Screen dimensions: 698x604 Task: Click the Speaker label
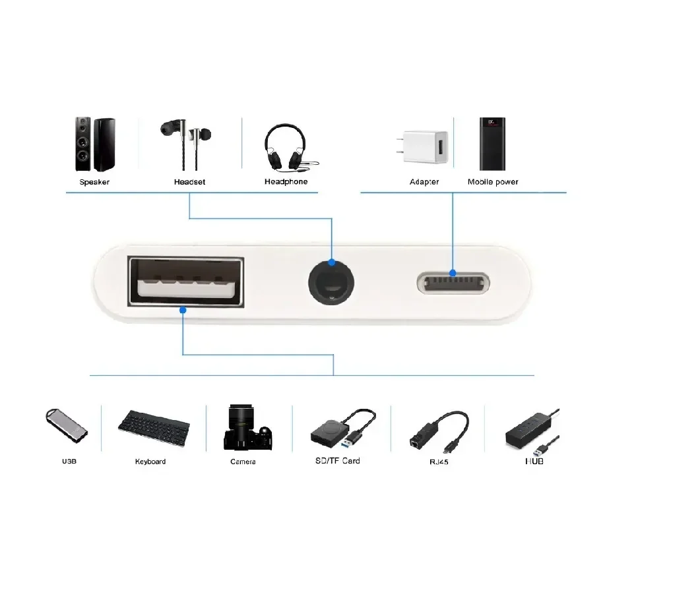tap(94, 182)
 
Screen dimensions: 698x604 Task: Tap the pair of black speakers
tap(95, 144)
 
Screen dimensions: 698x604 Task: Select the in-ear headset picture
tap(185, 144)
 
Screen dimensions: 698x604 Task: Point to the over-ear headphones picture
tap(290, 147)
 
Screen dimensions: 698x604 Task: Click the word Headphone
tap(286, 181)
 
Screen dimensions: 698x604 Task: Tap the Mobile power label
tap(493, 182)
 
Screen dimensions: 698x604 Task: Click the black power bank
tap(492, 144)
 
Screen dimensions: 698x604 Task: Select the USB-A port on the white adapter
tap(185, 282)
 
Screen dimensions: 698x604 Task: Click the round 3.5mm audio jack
tap(331, 283)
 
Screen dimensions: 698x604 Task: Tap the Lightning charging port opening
tap(453, 284)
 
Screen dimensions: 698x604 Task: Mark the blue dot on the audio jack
tap(331, 262)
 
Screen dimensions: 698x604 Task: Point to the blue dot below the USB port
tap(183, 310)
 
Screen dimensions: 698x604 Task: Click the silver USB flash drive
tap(67, 426)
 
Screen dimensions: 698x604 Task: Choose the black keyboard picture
tap(154, 428)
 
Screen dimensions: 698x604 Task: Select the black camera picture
tap(247, 427)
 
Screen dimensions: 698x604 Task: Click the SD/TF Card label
tap(337, 461)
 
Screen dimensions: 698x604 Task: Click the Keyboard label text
tap(150, 462)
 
